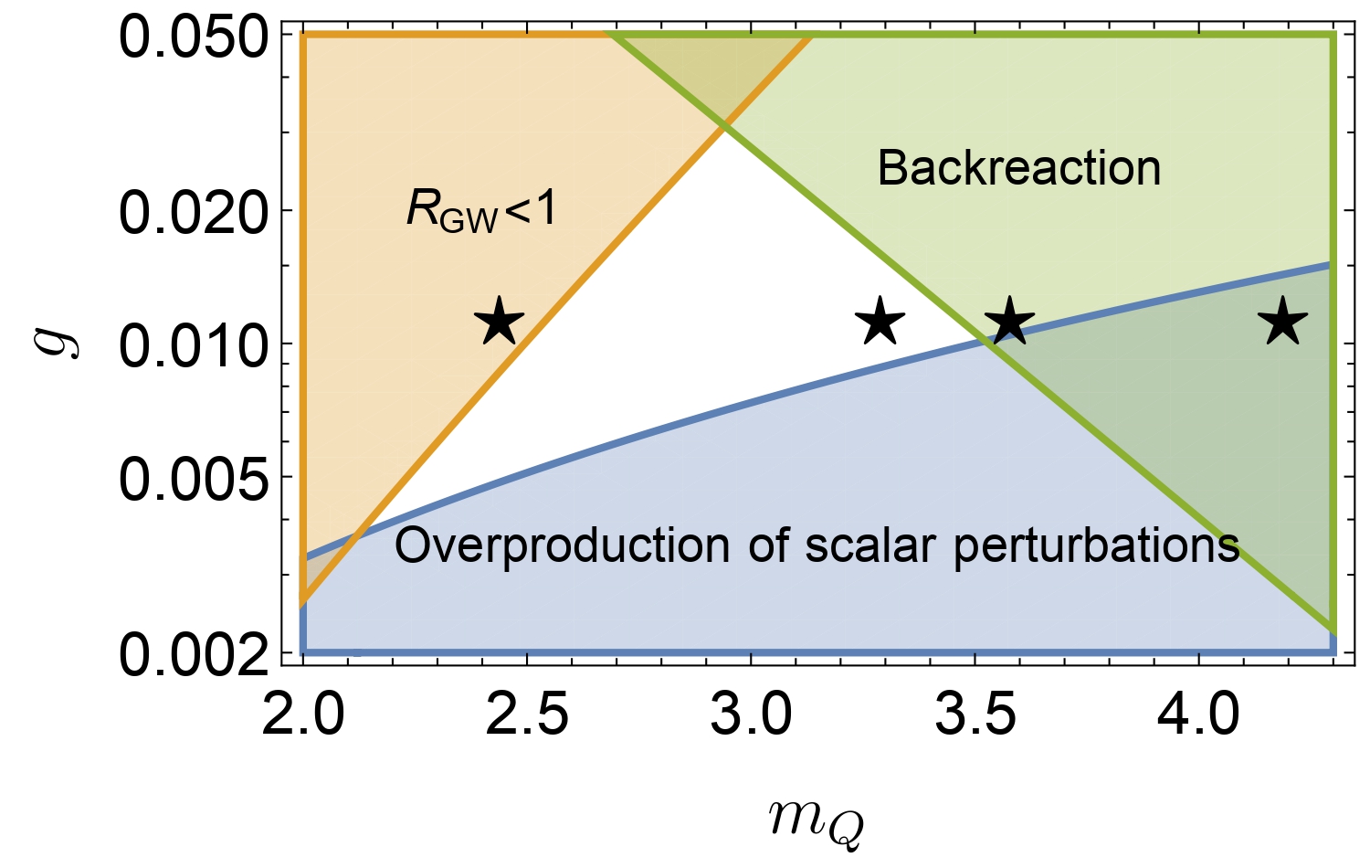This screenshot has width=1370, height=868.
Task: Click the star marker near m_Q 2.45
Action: tap(500, 322)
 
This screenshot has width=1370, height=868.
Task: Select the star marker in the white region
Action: tap(880, 322)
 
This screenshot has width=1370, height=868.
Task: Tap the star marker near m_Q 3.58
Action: tap(1009, 322)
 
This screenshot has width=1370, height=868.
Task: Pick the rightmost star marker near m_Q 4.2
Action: tap(1282, 322)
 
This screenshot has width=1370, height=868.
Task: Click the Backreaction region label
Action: tap(1018, 168)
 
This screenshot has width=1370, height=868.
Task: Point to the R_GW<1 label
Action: tap(481, 210)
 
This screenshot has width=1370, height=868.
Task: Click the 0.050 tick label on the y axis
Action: tap(194, 41)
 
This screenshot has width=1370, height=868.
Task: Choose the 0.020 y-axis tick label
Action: tap(194, 212)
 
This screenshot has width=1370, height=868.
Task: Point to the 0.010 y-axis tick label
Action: tap(194, 345)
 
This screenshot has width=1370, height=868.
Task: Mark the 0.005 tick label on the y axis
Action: tap(194, 479)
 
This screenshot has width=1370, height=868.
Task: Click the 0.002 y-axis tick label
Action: tap(194, 653)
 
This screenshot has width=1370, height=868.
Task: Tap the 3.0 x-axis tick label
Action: tap(751, 715)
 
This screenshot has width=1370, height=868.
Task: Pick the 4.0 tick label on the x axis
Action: tap(1199, 715)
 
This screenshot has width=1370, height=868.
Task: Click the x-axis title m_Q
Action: tap(816, 820)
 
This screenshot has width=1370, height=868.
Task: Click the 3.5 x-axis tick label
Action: tap(975, 715)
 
